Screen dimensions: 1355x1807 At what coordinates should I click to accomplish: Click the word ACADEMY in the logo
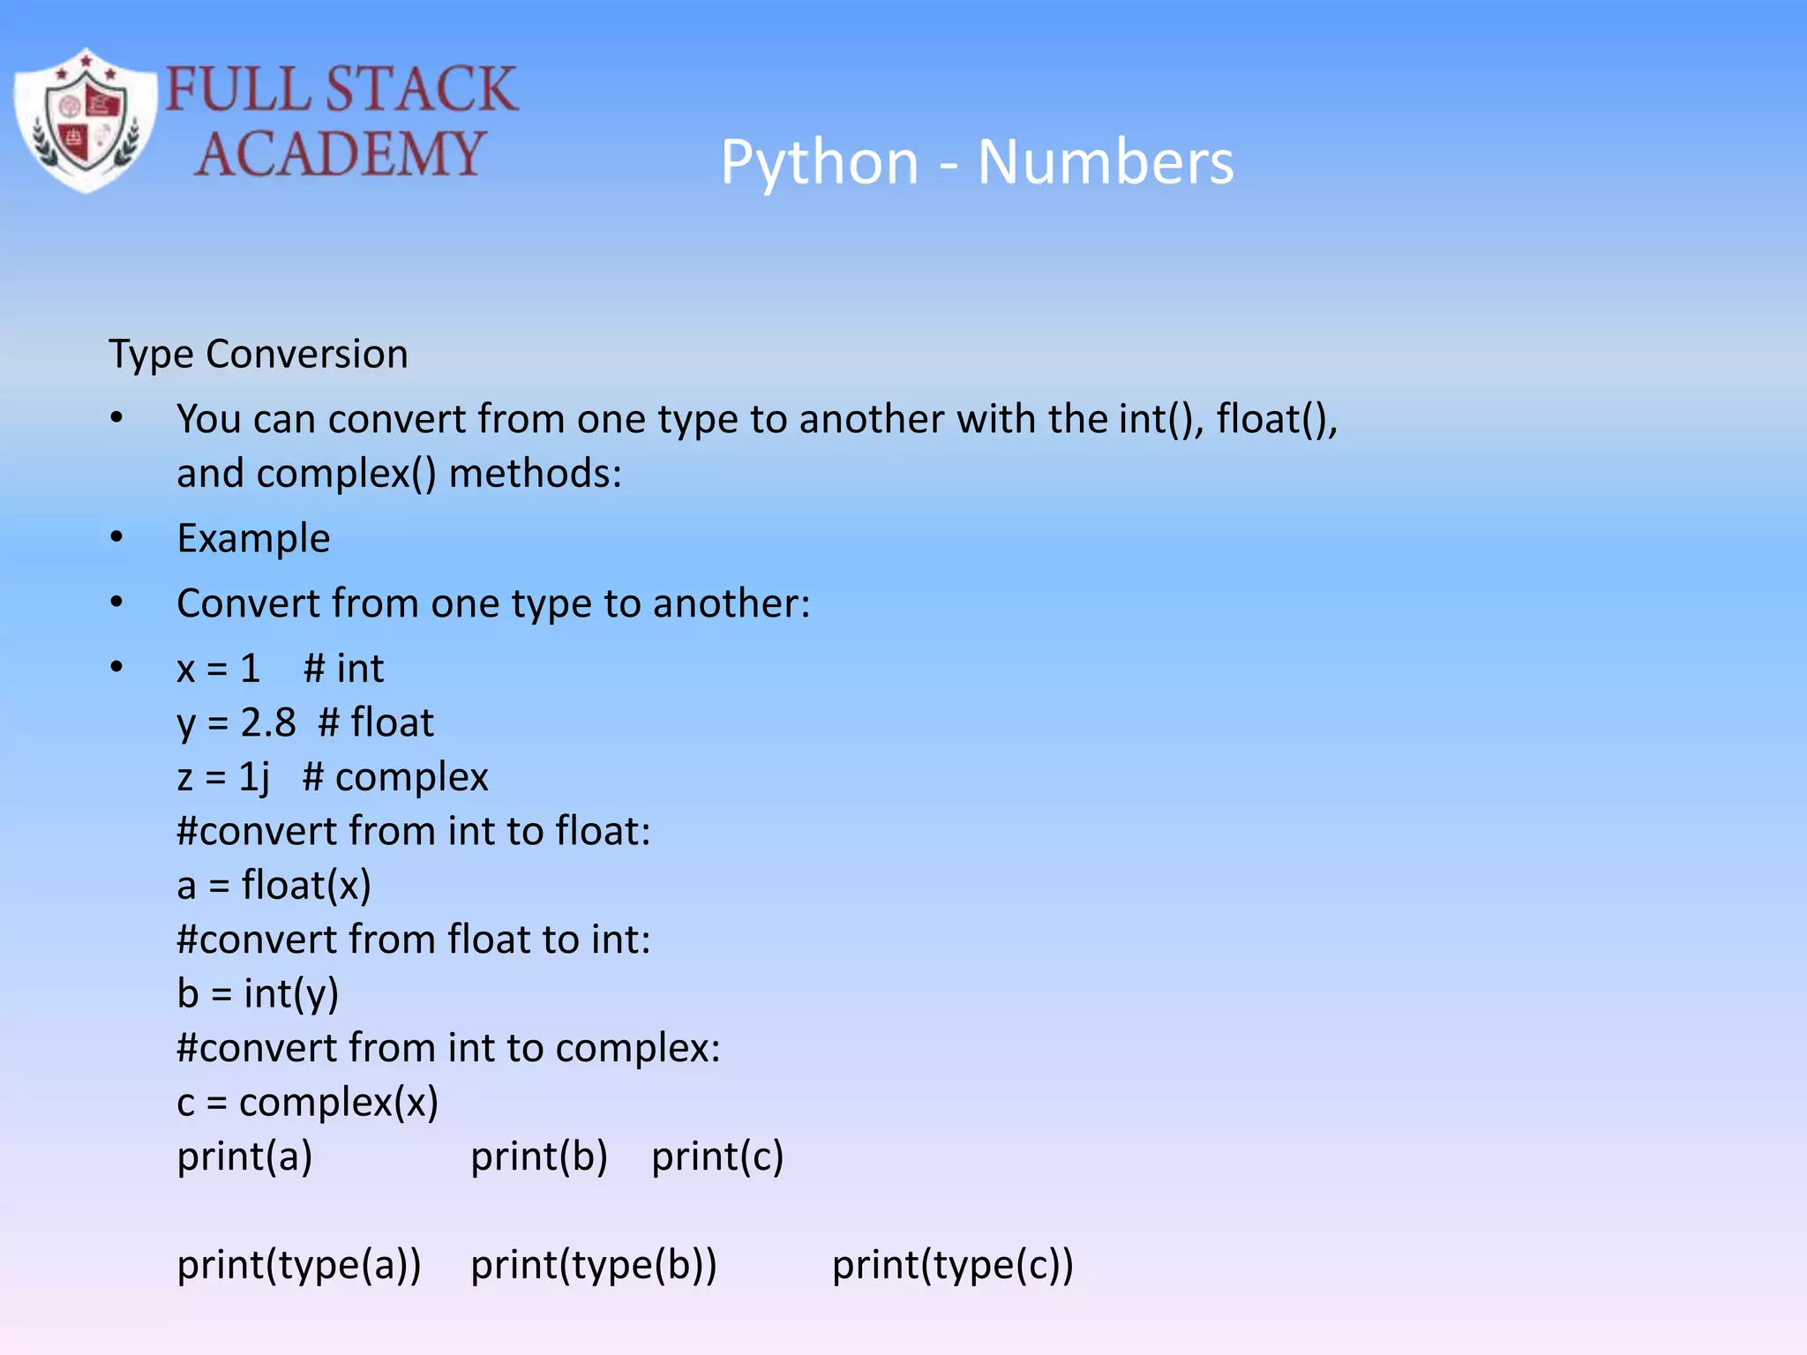340,154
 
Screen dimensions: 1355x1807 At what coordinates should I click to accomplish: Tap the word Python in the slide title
820,163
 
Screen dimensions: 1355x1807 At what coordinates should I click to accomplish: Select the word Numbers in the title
1105,163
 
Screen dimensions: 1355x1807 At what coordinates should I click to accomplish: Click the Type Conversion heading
259,355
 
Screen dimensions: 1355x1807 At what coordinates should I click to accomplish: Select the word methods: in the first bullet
536,474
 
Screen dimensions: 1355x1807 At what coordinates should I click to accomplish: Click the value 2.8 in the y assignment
268,722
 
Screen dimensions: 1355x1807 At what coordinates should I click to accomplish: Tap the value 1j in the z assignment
254,777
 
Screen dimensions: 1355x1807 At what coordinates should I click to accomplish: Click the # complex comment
395,777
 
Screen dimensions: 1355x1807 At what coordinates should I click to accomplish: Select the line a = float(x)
274,886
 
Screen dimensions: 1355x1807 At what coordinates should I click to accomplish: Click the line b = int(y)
258,994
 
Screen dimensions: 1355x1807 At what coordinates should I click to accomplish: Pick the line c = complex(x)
308,1103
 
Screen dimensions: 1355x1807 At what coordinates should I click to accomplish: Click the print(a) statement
244,1157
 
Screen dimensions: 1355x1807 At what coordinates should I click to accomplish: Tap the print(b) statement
539,1157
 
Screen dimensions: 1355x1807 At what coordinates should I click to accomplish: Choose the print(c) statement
717,1157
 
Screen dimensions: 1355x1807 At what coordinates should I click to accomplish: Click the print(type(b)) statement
594,1265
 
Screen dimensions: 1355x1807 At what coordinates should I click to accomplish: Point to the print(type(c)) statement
953,1265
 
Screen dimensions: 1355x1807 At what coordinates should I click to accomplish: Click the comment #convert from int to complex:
448,1048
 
